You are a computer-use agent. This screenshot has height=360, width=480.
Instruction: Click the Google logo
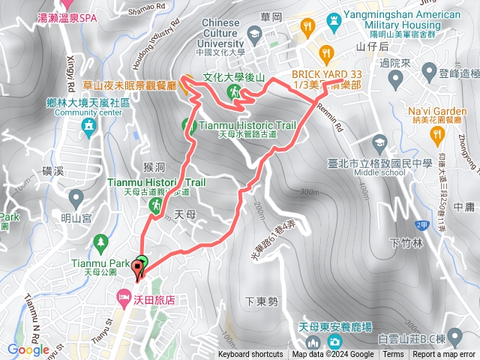28,349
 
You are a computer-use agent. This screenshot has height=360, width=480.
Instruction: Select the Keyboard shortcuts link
250,355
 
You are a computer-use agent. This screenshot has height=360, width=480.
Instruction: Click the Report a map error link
444,355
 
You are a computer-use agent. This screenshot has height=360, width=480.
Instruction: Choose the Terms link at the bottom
393,355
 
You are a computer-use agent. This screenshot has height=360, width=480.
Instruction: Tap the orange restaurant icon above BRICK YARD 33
325,53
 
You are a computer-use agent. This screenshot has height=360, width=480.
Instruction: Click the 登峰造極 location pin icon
429,72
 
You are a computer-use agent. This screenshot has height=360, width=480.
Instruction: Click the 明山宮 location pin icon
76,199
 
